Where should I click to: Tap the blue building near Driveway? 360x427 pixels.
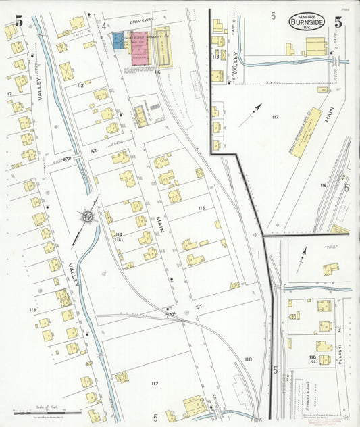click(119, 41)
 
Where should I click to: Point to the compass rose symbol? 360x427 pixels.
click(87, 217)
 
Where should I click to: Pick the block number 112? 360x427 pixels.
click(80, 86)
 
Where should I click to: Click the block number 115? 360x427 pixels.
click(201, 208)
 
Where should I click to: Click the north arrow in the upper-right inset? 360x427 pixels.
click(255, 109)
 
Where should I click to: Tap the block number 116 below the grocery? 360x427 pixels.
click(157, 71)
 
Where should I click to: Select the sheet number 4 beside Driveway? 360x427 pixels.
click(105, 27)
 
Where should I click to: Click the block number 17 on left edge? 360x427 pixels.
click(9, 93)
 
